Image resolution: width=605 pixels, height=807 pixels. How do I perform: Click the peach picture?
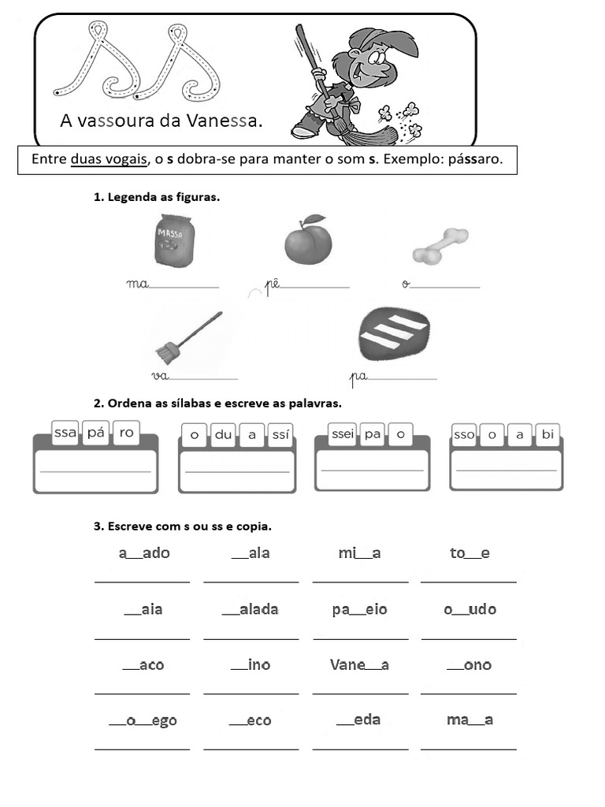coord(308,242)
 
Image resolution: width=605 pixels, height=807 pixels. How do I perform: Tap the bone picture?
coord(440,246)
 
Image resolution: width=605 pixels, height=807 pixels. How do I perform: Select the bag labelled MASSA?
coord(172,242)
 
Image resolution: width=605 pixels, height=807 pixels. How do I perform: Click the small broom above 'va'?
coord(185,337)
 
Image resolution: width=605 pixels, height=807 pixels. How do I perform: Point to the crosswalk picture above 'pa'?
coord(393,332)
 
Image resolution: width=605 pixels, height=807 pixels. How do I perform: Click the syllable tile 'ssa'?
coord(65,433)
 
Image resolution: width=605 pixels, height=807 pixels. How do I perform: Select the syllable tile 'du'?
coord(224,434)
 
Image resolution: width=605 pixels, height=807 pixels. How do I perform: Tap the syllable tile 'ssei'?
coord(343,433)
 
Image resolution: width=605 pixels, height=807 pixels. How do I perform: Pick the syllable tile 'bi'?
coord(547,434)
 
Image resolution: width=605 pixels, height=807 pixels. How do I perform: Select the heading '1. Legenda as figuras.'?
coord(157,197)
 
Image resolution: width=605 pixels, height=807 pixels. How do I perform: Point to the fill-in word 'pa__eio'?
coord(360,609)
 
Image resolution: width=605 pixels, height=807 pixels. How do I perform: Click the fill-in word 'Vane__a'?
coord(359,664)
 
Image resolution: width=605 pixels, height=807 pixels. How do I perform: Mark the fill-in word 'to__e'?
coord(470,553)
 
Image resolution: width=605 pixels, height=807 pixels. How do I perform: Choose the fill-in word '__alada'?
coord(251,609)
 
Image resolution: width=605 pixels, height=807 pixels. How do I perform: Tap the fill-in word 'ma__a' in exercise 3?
coord(470,720)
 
